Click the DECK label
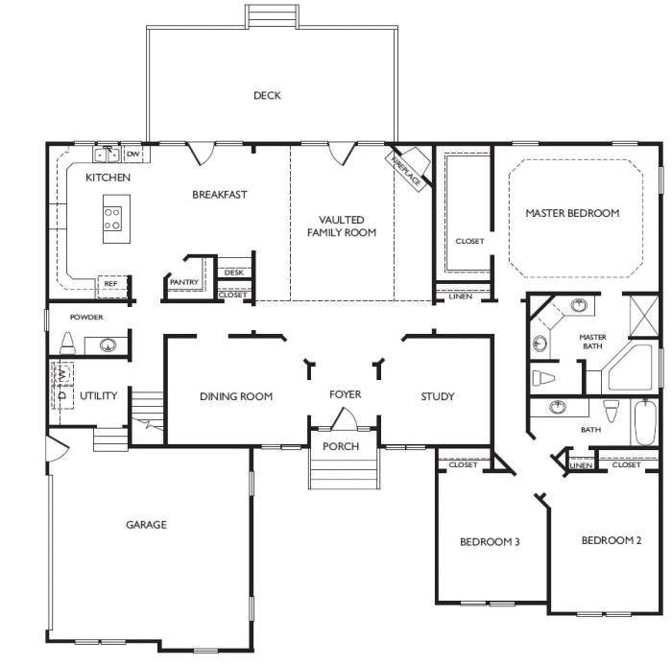click(267, 95)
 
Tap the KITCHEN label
click(108, 178)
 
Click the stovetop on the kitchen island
click(112, 220)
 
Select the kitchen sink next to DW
click(107, 154)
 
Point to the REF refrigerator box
click(110, 284)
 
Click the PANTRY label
click(183, 282)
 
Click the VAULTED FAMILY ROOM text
click(342, 226)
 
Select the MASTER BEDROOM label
click(572, 213)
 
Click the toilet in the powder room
click(68, 343)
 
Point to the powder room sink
click(107, 344)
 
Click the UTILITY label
click(98, 395)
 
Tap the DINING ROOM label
click(236, 396)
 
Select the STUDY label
click(438, 396)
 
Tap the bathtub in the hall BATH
click(644, 422)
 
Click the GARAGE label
click(146, 525)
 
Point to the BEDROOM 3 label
click(490, 542)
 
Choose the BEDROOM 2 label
click(612, 540)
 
